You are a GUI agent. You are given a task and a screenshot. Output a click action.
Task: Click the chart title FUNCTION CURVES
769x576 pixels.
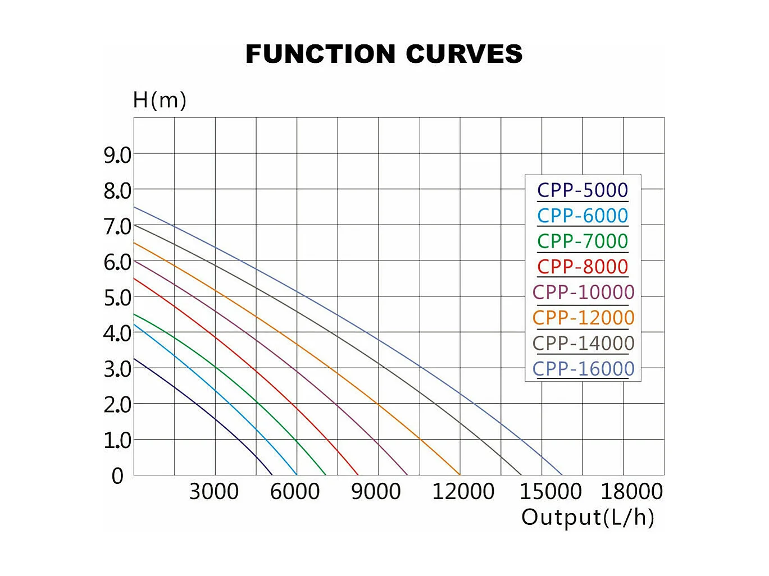pyautogui.click(x=384, y=54)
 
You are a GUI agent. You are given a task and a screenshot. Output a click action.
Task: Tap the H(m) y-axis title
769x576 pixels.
pyautogui.click(x=160, y=100)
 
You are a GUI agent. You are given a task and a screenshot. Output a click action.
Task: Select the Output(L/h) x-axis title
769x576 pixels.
pyautogui.click(x=588, y=517)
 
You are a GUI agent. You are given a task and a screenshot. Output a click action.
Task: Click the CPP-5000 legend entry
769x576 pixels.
pyautogui.click(x=583, y=190)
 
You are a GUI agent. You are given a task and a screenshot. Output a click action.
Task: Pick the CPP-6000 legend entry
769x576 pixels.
pyautogui.click(x=583, y=216)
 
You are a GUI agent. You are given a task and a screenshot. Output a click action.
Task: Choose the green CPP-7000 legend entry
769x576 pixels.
pyautogui.click(x=583, y=241)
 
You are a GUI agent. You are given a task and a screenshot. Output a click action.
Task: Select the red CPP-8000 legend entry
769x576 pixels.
pyautogui.click(x=583, y=267)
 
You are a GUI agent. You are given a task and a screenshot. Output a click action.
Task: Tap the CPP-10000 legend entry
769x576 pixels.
pyautogui.click(x=583, y=292)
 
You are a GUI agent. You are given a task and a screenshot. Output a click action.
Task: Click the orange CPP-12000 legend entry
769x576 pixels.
pyautogui.click(x=583, y=318)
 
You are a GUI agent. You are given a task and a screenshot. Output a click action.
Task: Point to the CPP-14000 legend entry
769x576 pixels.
pyautogui.click(x=583, y=343)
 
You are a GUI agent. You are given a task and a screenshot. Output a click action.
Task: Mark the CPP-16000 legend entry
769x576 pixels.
pyautogui.click(x=583, y=369)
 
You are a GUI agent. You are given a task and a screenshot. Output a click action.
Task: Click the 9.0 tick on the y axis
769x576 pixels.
pyautogui.click(x=117, y=155)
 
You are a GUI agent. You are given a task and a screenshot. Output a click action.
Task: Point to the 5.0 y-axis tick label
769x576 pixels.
pyautogui.click(x=117, y=298)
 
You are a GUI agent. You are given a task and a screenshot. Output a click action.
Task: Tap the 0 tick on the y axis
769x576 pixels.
pyautogui.click(x=117, y=476)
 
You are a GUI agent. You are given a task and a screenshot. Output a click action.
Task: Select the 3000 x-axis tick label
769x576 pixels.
pyautogui.click(x=214, y=492)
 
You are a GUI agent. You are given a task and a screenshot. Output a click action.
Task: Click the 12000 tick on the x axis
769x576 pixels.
pyautogui.click(x=463, y=492)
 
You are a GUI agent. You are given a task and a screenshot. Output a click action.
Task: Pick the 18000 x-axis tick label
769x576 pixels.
pyautogui.click(x=632, y=492)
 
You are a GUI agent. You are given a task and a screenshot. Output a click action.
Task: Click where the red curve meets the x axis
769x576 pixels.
pyautogui.click(x=358, y=475)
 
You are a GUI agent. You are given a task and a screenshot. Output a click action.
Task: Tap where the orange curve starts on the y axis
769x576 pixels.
pyautogui.click(x=134, y=243)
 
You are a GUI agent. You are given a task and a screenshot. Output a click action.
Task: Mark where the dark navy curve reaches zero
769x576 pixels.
pyautogui.click(x=272, y=475)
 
